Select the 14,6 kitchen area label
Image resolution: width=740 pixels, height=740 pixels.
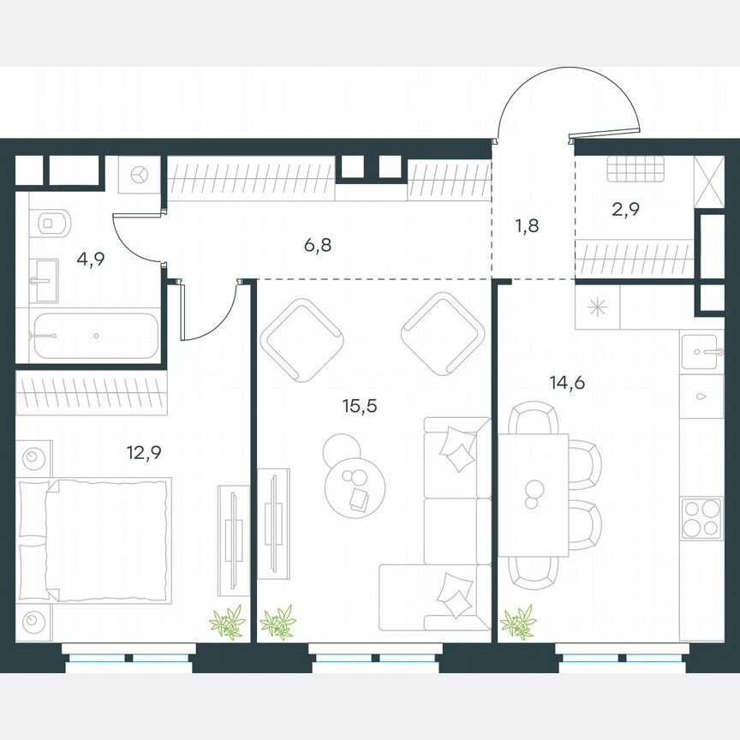566,383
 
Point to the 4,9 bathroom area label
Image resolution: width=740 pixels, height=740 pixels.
90,260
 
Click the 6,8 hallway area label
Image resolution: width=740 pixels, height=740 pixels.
317,246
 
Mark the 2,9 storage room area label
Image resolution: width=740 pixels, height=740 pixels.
626,208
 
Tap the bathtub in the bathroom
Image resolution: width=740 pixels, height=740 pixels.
96,337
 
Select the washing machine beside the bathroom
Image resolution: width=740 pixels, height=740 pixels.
140,175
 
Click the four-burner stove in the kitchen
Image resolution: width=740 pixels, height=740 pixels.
701,518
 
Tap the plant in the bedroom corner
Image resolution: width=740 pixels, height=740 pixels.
227,622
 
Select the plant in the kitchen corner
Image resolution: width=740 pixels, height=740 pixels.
517,622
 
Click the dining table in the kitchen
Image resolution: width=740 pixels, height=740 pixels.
534,494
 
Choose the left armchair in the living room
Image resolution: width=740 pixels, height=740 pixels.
301,339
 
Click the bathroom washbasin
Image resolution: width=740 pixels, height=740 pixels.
45,280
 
